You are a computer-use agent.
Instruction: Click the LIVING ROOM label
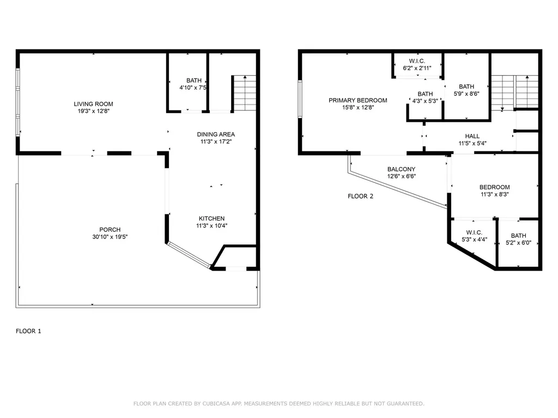tap(93, 104)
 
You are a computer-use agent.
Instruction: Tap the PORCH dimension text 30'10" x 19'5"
tap(110, 237)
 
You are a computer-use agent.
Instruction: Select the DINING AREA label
tap(216, 134)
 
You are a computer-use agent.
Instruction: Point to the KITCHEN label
tap(212, 219)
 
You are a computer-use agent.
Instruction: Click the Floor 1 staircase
tap(244, 93)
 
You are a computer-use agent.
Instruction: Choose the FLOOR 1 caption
tap(28, 331)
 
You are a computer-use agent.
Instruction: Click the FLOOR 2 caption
tap(361, 196)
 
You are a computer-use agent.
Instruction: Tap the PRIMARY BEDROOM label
tap(358, 100)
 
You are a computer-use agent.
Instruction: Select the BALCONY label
tap(402, 169)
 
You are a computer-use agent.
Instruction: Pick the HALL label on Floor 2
tap(472, 136)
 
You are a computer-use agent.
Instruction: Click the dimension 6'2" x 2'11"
tap(417, 68)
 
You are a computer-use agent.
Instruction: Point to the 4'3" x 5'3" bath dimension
tap(425, 101)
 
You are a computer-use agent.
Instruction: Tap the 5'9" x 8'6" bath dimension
tap(466, 94)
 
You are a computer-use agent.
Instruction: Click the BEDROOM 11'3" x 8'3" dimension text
tap(495, 194)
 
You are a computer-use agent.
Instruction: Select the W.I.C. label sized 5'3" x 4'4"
tap(474, 232)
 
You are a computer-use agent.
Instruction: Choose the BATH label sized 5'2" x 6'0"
tap(519, 236)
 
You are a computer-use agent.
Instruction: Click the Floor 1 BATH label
tap(194, 81)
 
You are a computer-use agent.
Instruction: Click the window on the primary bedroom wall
tap(300, 99)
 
